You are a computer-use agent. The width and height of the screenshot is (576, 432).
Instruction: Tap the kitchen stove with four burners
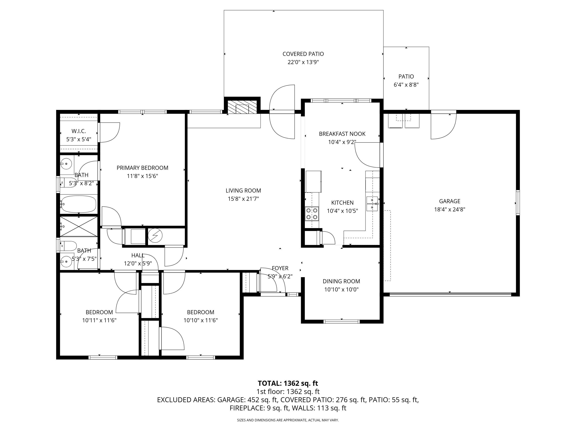point(312,214)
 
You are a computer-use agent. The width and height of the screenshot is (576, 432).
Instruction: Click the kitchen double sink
point(372,204)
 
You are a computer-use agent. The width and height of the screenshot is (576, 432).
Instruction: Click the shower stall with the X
point(79,227)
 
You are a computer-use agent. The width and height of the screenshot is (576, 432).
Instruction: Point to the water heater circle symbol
point(155,236)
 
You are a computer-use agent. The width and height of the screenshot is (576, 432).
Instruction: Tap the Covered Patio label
point(303,54)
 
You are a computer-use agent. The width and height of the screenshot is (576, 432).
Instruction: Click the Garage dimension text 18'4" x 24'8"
point(449,209)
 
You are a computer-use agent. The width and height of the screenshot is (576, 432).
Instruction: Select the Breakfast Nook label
point(342,134)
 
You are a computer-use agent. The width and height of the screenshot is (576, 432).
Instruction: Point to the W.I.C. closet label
point(79,131)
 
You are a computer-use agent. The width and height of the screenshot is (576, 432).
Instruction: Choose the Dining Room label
point(341,281)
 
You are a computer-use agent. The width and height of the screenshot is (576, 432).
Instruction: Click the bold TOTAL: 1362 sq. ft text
point(288,383)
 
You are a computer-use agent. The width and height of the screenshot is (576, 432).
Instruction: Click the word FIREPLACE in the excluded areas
point(247,408)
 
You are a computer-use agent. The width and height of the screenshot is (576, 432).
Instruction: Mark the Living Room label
point(243,191)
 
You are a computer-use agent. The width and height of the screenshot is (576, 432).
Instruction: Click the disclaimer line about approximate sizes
point(288,420)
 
